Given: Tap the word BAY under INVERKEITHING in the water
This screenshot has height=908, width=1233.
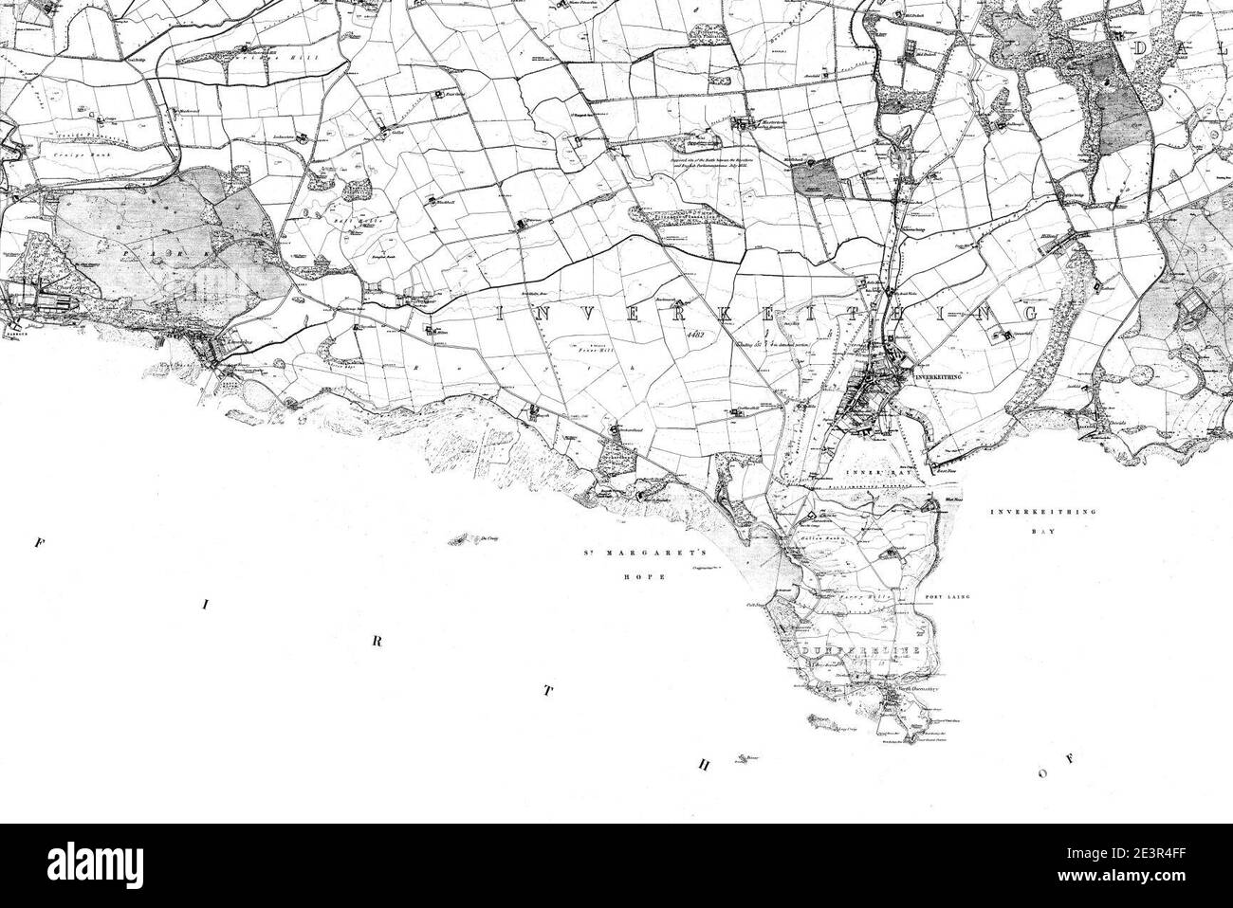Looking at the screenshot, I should click(1042, 533).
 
